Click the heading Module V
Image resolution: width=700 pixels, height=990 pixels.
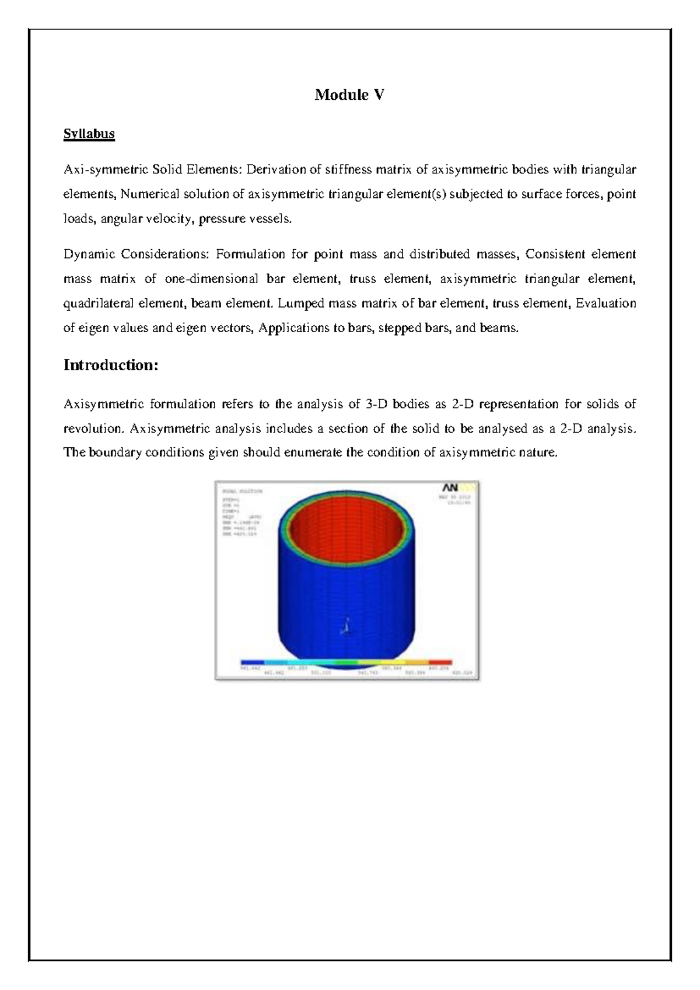click(349, 95)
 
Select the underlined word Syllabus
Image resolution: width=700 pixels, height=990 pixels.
click(89, 134)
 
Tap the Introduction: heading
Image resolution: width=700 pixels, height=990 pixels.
click(111, 365)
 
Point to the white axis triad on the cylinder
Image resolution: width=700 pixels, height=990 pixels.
click(346, 626)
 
